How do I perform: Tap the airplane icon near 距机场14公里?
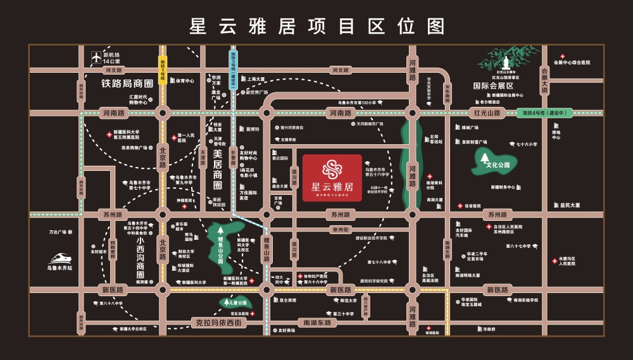pos(96,57)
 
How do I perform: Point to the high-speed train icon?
pos(62,258)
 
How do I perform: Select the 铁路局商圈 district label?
pos(127,83)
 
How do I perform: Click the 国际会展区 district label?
pos(496,85)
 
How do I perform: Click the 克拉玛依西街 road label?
pos(216,323)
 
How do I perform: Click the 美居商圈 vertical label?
pos(217,169)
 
